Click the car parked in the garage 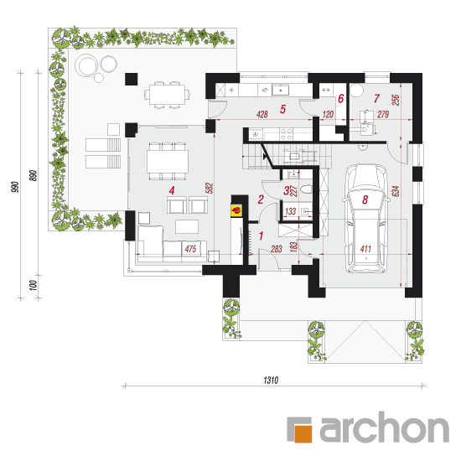365,219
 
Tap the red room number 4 172,190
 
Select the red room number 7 376,99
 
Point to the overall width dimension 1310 271,381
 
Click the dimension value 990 15,187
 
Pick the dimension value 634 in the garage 396,191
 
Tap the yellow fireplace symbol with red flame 236,210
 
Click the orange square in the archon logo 303,433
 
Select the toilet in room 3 306,189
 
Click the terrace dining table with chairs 167,95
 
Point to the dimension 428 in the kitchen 262,114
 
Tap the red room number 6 341,99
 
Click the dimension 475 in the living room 190,249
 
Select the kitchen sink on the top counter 280,90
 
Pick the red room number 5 282,109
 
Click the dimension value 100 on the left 34,286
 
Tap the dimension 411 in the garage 365,249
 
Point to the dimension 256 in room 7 396,100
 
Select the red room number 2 261,199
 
